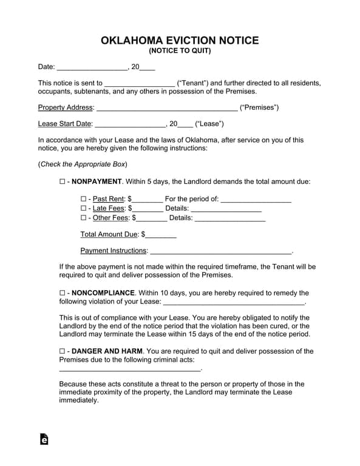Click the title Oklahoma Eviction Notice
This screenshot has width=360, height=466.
click(x=180, y=41)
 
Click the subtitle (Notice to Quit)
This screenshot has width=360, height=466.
click(x=180, y=52)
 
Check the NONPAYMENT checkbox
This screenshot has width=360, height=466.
click(x=63, y=181)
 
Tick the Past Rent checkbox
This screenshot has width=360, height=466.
click(x=84, y=199)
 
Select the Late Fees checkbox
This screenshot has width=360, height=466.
click(x=84, y=208)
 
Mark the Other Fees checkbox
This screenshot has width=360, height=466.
click(x=84, y=218)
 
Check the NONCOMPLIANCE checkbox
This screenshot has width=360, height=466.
click(x=63, y=293)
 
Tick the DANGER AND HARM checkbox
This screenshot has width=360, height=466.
click(x=63, y=351)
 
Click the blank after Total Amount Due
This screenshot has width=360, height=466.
click(x=161, y=235)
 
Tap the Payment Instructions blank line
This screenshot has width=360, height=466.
click(x=220, y=251)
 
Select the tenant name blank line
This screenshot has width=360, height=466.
click(x=140, y=84)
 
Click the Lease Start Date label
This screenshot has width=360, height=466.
click(x=65, y=124)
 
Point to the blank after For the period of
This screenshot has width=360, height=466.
click(x=256, y=200)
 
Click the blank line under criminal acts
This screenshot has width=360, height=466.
click(x=129, y=368)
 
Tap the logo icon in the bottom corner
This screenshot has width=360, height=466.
click(x=44, y=439)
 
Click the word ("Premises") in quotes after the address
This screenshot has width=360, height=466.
click(x=259, y=108)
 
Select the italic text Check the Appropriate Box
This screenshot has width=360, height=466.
click(x=83, y=164)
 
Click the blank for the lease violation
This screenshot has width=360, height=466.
click(x=234, y=302)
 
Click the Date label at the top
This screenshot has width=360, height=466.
click(x=46, y=67)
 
